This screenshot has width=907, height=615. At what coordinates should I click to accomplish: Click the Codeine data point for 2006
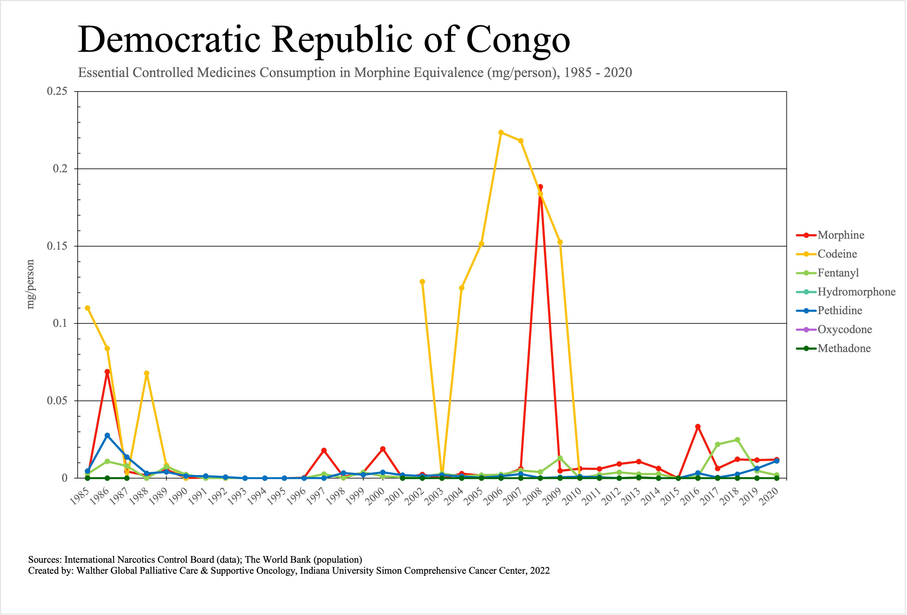coord(501,132)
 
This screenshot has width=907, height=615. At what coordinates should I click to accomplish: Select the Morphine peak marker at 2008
coord(541,187)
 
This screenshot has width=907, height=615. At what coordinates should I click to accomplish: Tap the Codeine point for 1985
coord(87,308)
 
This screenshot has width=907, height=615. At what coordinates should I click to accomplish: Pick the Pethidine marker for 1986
coord(107,435)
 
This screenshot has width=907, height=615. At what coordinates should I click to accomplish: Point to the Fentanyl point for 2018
coord(737,440)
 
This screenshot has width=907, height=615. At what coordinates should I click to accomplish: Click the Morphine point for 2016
coord(698,427)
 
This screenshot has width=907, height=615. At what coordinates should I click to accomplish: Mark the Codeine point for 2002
coord(422,281)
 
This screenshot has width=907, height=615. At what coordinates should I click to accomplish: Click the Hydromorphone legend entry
coord(856,292)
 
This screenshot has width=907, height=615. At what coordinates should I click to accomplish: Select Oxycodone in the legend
coord(844,330)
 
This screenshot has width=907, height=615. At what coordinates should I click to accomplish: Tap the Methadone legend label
coord(844,348)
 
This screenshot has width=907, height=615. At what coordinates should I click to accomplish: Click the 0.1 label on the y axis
coord(60,323)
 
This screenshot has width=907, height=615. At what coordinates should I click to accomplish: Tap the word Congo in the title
coord(518,40)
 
